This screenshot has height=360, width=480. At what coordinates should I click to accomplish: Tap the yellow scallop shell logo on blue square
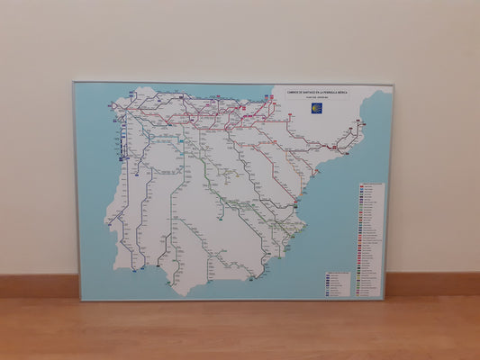[x=317, y=108]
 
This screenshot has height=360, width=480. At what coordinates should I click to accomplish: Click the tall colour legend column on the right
[x=370, y=238]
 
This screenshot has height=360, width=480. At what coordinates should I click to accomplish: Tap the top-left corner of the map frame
[x=74, y=83]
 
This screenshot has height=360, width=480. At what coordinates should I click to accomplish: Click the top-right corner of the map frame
[x=393, y=85]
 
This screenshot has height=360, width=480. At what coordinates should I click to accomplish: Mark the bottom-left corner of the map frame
[x=79, y=300]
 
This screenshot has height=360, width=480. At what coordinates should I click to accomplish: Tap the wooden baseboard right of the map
[x=432, y=284]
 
